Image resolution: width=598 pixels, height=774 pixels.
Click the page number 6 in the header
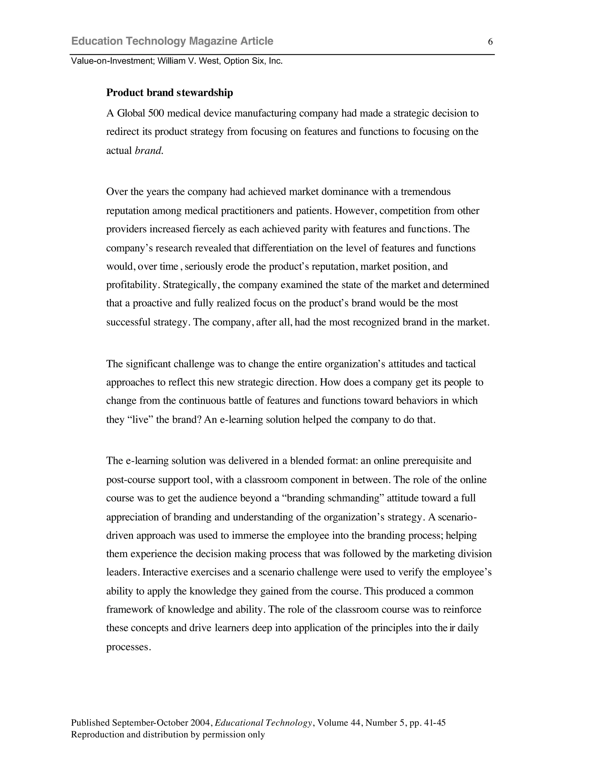(490, 42)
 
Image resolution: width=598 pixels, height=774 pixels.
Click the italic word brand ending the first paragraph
(149, 151)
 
